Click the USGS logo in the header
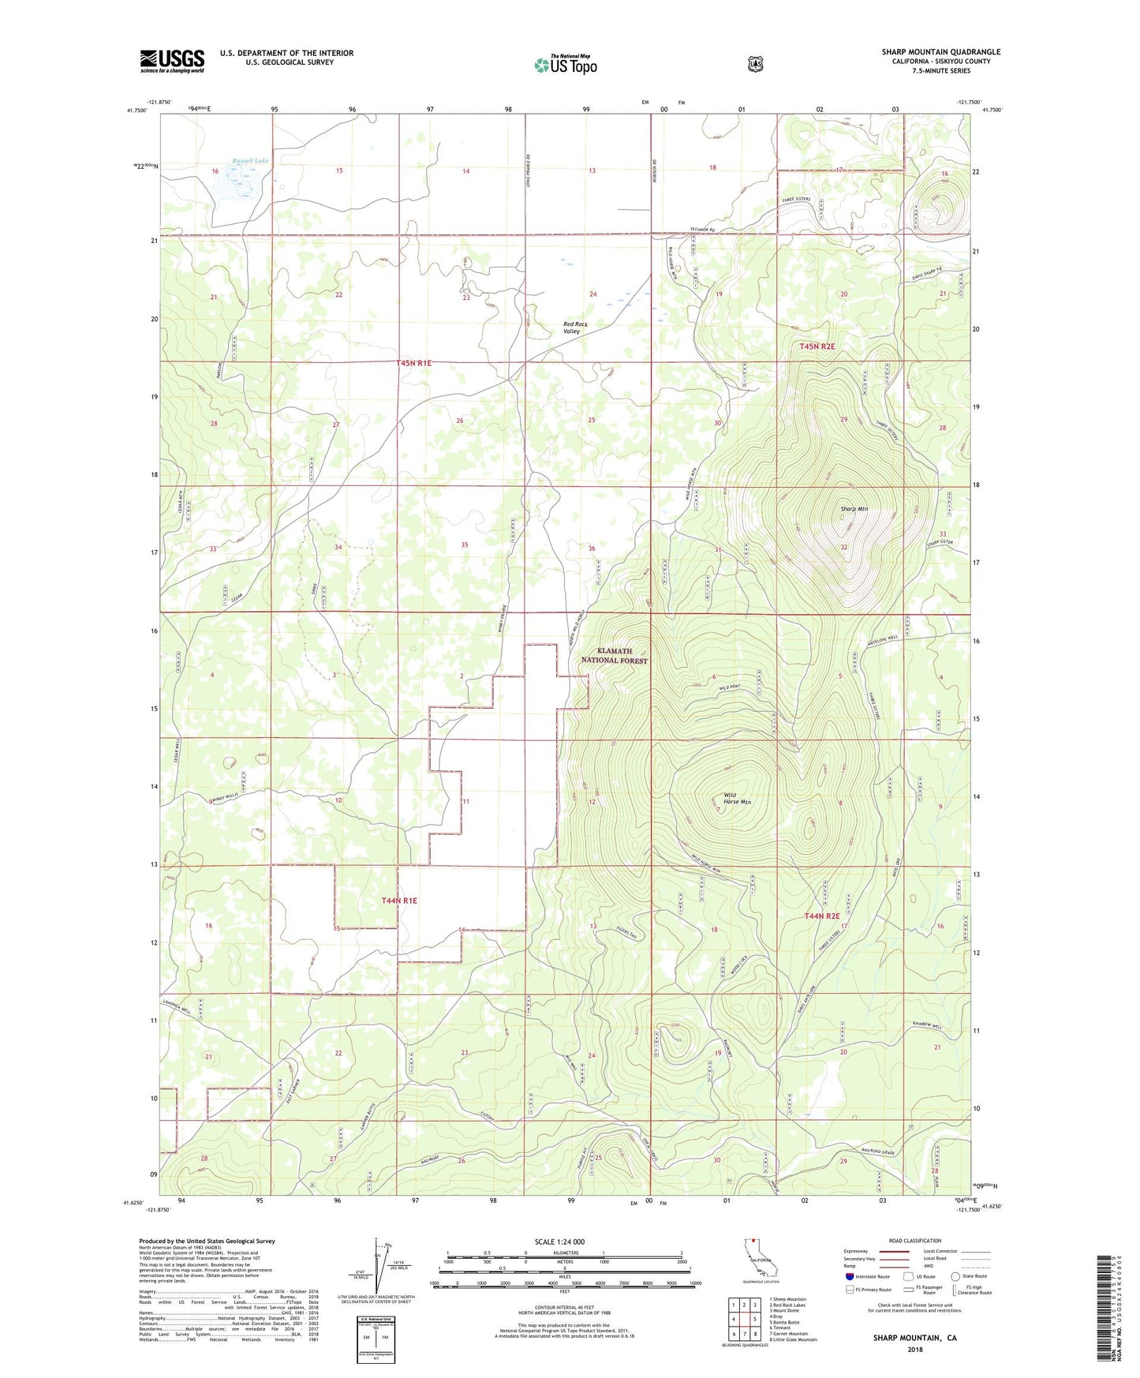point(172,61)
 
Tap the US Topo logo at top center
point(565,65)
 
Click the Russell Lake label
point(250,161)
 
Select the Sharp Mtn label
point(854,509)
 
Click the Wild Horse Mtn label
point(736,798)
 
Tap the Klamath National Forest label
point(615,656)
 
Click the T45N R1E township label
point(414,363)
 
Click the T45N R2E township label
point(817,346)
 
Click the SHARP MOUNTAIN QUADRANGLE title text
point(940,52)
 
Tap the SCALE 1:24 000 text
point(559,1241)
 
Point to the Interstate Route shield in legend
point(849,1276)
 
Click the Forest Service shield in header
point(755,64)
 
